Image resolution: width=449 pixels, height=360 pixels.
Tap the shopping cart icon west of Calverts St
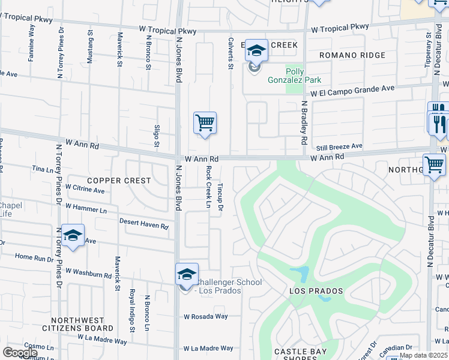pos(205,123)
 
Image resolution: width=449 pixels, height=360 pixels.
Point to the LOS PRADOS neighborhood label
pos(316,291)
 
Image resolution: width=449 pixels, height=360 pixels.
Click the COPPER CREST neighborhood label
pos(110,180)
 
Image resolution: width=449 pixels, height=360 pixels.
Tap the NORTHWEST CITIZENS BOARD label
pos(73,324)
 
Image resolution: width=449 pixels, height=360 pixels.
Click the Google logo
pos(20,353)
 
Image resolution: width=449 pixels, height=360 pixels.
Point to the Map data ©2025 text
pos(423,355)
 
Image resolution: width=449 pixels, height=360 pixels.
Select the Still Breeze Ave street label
pos(339,146)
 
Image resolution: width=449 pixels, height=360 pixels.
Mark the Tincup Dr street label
pos(220,197)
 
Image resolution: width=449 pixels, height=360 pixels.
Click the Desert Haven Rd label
pos(144,223)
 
